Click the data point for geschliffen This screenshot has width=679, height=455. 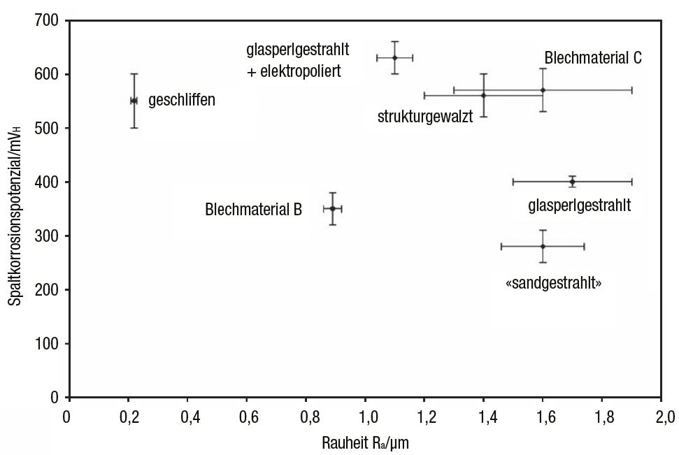134,101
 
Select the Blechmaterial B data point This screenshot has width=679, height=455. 333,208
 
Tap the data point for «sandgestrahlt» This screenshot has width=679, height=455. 543,246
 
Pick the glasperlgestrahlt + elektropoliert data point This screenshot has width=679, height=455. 395,57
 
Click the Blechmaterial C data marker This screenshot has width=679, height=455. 543,90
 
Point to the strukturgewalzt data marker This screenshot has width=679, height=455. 483,95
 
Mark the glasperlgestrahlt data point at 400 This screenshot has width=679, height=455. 572,182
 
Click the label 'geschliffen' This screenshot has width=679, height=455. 182,101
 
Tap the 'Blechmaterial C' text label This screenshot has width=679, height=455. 593,58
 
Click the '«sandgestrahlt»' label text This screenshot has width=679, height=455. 553,284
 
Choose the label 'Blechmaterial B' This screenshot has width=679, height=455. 253,209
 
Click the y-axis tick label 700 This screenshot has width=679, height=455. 49,20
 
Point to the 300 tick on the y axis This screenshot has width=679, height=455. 49,236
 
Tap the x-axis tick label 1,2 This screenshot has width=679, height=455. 424,419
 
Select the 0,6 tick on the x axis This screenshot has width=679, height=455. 246,419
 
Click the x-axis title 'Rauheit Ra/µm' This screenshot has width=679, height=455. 366,443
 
